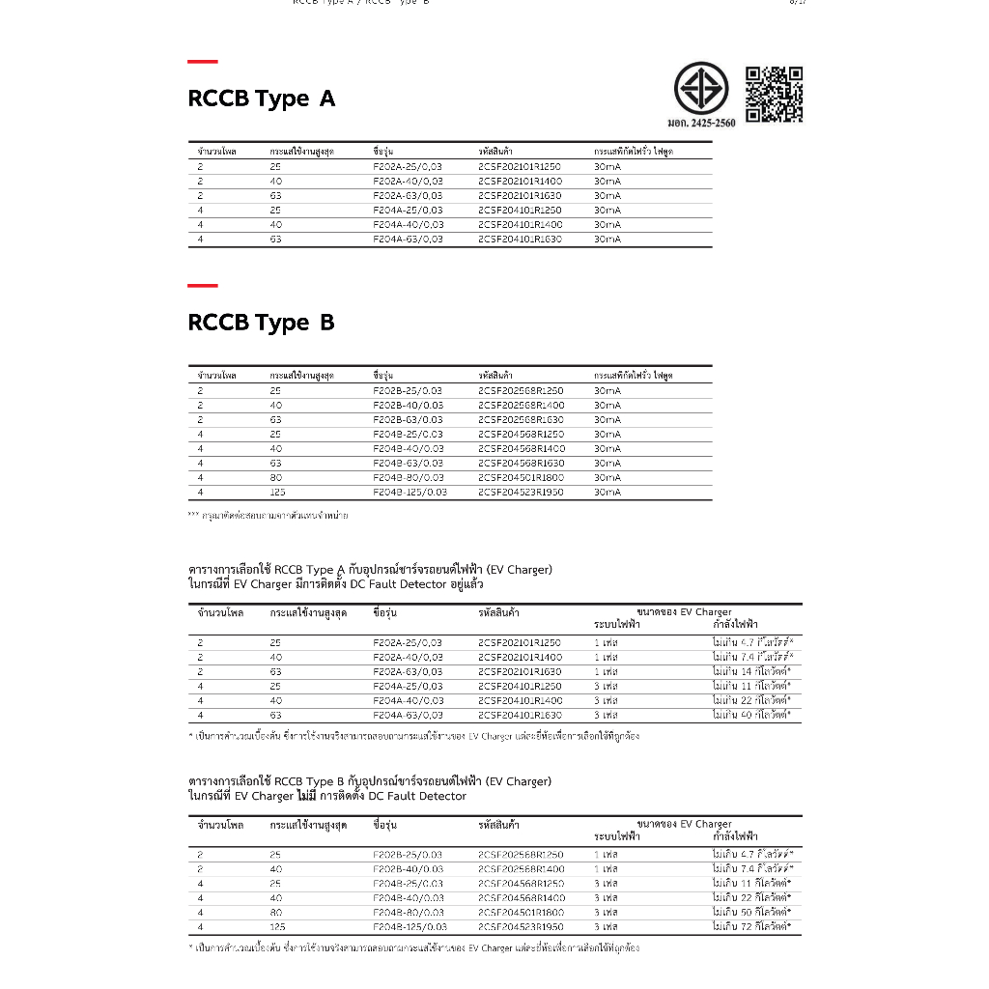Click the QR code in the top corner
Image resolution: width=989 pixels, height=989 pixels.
[774, 94]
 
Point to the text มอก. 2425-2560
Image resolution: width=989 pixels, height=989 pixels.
[701, 124]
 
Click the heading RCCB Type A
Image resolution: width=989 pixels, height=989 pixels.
[261, 99]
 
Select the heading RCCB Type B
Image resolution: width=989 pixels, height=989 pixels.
[261, 323]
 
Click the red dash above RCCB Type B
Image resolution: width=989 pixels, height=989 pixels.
[202, 286]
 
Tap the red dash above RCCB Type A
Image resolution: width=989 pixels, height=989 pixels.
[202, 62]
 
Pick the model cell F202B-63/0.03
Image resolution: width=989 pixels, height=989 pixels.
[408, 420]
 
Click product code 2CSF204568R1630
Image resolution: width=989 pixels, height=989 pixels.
[520, 464]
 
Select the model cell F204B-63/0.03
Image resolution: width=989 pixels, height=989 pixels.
[408, 464]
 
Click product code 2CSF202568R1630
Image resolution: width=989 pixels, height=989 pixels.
[520, 420]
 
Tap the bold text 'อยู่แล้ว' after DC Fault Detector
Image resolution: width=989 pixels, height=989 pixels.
[466, 584]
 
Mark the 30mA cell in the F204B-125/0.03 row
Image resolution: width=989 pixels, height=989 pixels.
[608, 493]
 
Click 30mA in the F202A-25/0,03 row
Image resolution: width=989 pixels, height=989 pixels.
[608, 167]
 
